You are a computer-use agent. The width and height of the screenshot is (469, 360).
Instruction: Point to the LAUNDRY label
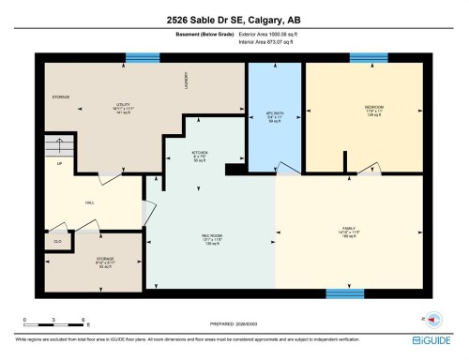tap(188, 86)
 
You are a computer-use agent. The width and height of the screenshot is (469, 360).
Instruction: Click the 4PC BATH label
tap(274, 113)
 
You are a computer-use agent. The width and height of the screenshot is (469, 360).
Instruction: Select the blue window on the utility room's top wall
tap(144, 58)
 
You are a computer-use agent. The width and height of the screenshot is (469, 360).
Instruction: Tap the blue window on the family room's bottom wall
tap(344, 293)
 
